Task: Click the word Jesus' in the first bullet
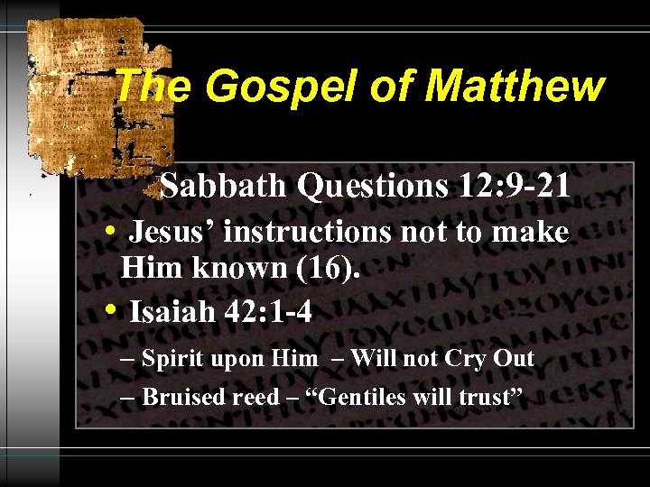172,233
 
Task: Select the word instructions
307,233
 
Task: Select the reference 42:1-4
266,313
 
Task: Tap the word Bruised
183,397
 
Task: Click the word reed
255,398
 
